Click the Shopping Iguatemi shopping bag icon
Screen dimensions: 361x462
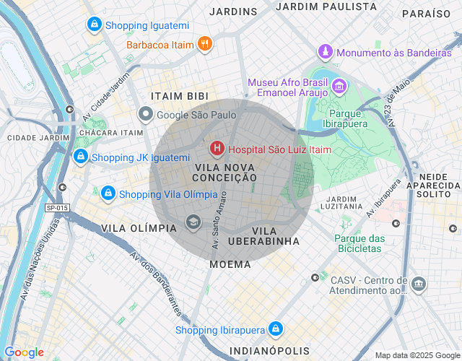93,25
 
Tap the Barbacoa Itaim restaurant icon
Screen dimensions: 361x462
205,44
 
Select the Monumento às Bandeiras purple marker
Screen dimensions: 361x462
326,53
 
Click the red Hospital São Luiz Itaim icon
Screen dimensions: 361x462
217,149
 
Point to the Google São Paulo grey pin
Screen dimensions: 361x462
146,114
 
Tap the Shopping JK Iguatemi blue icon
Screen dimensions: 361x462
81,157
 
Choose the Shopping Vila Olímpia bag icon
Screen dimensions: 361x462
108,193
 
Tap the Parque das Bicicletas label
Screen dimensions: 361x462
359,243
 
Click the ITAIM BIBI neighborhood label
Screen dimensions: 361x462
179,96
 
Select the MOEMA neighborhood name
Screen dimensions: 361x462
230,264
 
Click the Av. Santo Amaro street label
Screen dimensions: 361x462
219,220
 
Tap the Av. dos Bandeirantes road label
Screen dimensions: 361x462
156,284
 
